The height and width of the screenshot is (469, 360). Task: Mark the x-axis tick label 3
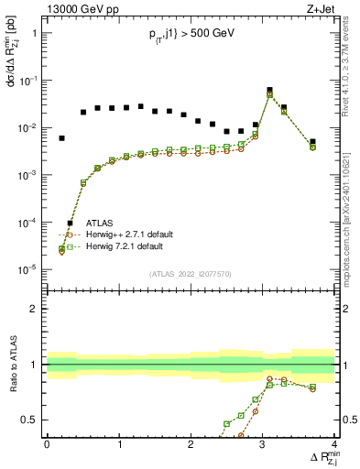pyautogui.click(x=263, y=444)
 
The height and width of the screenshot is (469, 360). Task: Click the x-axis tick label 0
pyautogui.click(x=47, y=444)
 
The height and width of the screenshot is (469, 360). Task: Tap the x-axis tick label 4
pyautogui.click(x=334, y=444)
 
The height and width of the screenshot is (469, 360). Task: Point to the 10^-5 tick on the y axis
pyautogui.click(x=27, y=269)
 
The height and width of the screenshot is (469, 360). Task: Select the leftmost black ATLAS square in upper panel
pyautogui.click(x=61, y=138)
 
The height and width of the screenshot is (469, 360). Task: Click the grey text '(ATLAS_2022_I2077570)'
pyautogui.click(x=191, y=273)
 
